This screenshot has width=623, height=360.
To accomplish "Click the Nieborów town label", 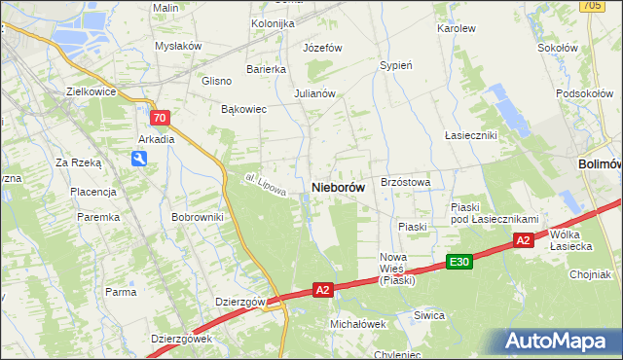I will click(338, 187).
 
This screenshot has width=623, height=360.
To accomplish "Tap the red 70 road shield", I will click(162, 118).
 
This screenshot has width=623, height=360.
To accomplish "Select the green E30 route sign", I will click(459, 262).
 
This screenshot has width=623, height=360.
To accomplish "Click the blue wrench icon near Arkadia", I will click(140, 161).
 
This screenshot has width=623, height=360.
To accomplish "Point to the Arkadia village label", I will click(156, 139).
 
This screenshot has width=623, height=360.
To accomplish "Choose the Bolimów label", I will click(599, 164).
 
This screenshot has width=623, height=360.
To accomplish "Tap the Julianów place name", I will click(314, 94).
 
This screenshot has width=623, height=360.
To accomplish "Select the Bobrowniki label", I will click(198, 217).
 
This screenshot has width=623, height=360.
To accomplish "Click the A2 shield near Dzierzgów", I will click(324, 289).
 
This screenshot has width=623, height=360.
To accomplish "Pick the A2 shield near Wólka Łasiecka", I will click(523, 240).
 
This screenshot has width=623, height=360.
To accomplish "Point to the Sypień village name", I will click(396, 66).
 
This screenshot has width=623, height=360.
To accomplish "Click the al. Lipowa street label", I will click(265, 184).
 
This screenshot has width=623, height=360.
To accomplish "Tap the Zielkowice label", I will click(91, 91).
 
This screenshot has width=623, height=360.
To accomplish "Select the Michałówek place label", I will click(358, 324).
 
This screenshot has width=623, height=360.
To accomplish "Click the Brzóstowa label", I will click(406, 182).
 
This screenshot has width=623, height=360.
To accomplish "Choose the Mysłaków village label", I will click(178, 46).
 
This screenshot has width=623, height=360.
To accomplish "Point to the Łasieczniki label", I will click(471, 135).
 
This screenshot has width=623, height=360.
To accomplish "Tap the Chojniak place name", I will click(591, 274).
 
